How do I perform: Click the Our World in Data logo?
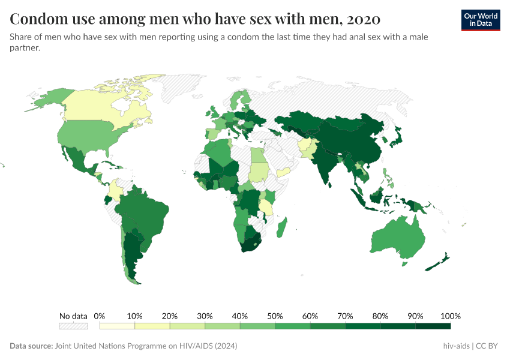(x=480, y=20)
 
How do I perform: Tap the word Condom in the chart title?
(x=38, y=19)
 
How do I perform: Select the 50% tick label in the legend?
(x=275, y=316)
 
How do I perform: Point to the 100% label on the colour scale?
(x=450, y=316)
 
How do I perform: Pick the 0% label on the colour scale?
(x=100, y=316)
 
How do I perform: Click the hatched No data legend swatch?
(x=73, y=326)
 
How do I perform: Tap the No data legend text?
(x=73, y=316)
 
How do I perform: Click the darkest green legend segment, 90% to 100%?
(x=433, y=326)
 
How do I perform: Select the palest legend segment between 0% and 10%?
(x=117, y=326)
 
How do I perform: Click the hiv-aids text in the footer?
(x=454, y=346)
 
